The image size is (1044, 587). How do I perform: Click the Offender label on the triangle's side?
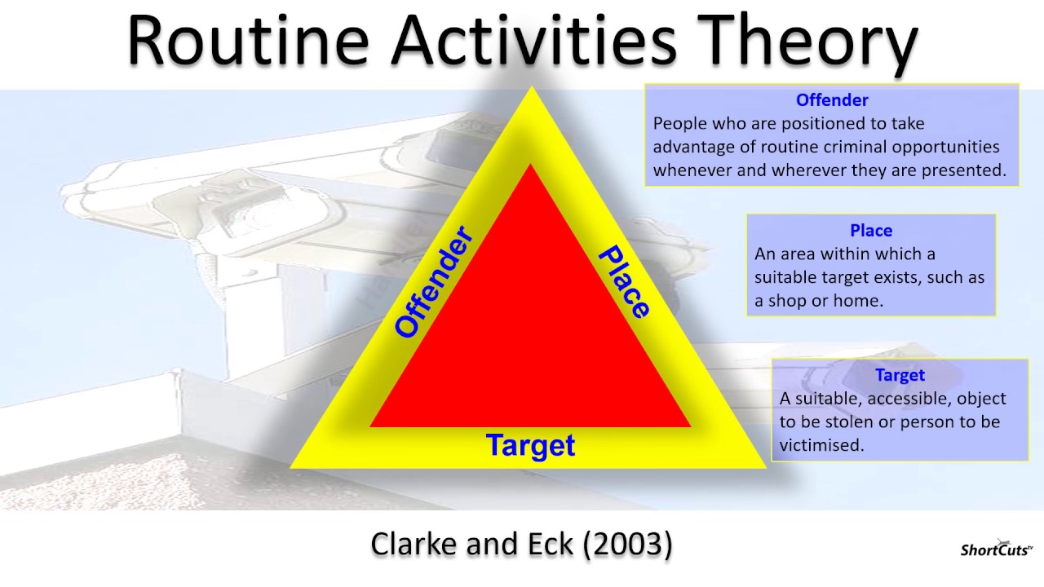[434, 283]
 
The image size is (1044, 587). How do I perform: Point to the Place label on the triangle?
[625, 282]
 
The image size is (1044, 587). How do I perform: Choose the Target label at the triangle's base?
[530, 445]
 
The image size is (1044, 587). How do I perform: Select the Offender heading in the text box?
[832, 100]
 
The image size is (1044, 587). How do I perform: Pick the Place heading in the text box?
[871, 231]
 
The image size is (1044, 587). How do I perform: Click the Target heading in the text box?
[900, 375]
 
